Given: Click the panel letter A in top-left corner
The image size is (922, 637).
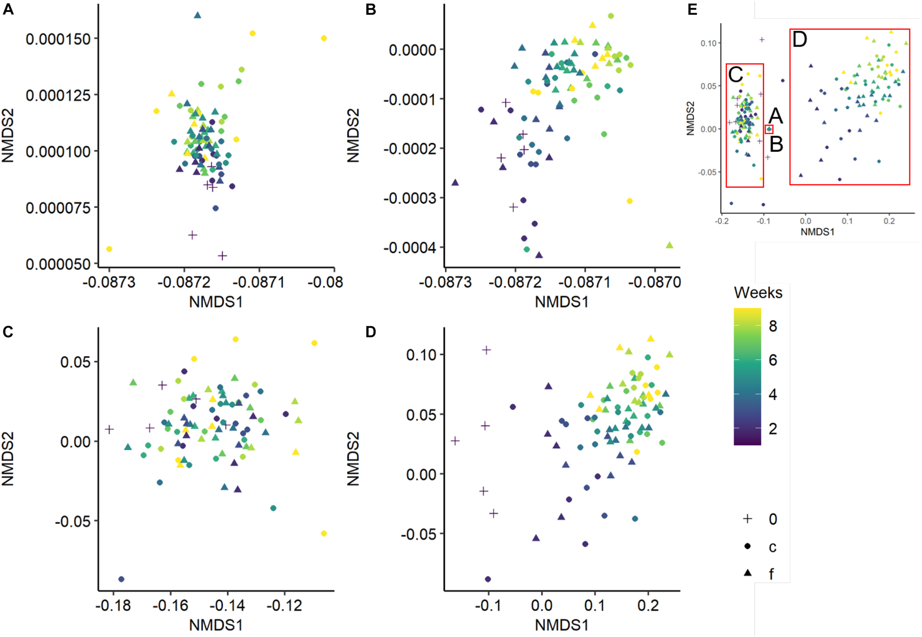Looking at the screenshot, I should coord(8,9).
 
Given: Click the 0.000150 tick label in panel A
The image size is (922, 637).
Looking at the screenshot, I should coord(58,39).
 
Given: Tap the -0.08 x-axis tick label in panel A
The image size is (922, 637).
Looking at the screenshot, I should coord(325,282).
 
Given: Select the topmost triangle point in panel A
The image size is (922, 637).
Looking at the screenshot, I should coord(197,15).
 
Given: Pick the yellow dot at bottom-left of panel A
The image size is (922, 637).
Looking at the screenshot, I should coord(109,249).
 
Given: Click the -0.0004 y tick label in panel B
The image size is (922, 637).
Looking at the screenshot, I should coord(410,248).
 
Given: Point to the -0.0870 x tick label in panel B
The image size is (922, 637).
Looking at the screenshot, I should coord(654,282).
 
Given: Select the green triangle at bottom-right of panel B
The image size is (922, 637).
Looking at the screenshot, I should coord(669,245).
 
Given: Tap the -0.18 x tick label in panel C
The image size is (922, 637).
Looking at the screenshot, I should coord(113,606).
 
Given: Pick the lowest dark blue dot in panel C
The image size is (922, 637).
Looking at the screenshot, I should coord(121,579).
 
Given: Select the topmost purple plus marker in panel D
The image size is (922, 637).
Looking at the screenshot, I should coord(486,350).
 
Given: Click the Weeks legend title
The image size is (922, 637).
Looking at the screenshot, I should coord(758,293).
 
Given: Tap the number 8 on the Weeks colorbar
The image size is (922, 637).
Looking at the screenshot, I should coord(773,326).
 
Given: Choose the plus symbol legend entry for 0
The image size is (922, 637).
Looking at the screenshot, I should coord(748,519).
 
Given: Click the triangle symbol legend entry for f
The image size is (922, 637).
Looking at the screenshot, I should coord(748,573).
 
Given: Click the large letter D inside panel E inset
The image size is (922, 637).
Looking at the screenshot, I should coord(800,39).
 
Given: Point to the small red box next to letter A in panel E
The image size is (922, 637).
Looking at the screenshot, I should coord(769,129).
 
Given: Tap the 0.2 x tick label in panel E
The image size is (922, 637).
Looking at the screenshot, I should coord(889,221).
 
